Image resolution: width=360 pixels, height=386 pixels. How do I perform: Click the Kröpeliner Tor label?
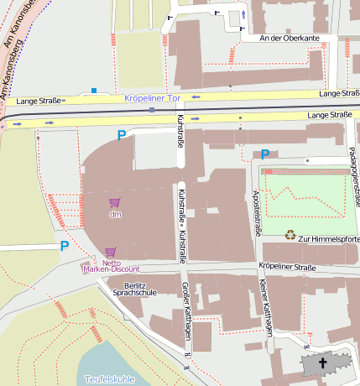pyautogui.click(x=153, y=99)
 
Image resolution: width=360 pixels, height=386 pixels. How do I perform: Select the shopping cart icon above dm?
pyautogui.click(x=115, y=202)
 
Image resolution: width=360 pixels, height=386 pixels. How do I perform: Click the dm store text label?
pyautogui.click(x=116, y=214)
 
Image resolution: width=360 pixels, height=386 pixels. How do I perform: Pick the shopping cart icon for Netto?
pyautogui.click(x=110, y=251)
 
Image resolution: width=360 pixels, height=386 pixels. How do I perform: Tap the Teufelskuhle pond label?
pyautogui.click(x=109, y=379)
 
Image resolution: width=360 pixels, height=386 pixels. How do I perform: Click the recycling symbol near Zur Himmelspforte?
pyautogui.click(x=290, y=236)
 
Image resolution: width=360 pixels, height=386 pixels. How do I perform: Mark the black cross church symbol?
pyautogui.click(x=321, y=363)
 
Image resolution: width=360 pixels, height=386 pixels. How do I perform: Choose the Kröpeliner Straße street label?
pyautogui.click(x=287, y=267)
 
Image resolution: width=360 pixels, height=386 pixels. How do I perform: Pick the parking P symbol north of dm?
pyautogui.click(x=123, y=135)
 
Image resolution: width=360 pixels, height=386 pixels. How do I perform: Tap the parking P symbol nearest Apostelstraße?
pyautogui.click(x=265, y=154)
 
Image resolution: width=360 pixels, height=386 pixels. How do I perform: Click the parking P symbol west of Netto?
pyautogui.click(x=65, y=246)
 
